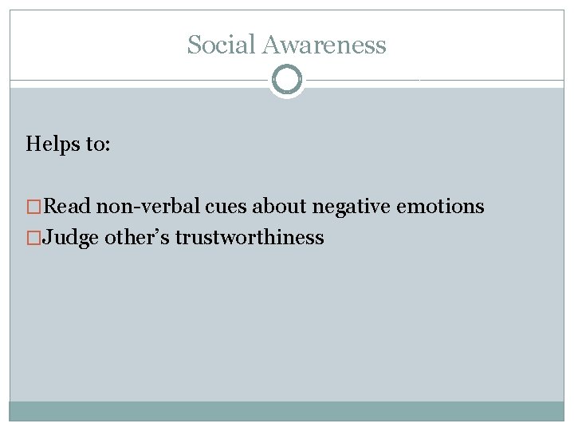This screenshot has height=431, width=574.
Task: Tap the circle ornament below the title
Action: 287,80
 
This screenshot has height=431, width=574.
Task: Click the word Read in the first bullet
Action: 68,207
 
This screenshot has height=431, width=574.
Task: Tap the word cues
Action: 226,207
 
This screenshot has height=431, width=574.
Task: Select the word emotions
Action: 440,207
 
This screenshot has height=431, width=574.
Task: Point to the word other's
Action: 137,237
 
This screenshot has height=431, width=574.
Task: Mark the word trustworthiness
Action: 250,237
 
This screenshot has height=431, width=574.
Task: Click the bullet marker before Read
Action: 34,207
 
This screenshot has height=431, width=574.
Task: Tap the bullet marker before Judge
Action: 34,237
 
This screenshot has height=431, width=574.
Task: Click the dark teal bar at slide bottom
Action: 287,411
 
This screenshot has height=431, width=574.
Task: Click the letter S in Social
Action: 193,45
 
